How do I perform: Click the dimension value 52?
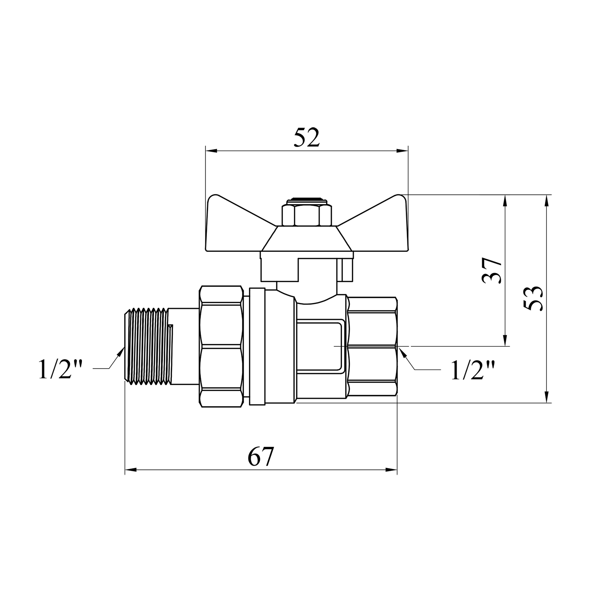click(307, 137)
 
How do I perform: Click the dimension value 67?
click(260, 457)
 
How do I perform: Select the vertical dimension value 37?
click(492, 271)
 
